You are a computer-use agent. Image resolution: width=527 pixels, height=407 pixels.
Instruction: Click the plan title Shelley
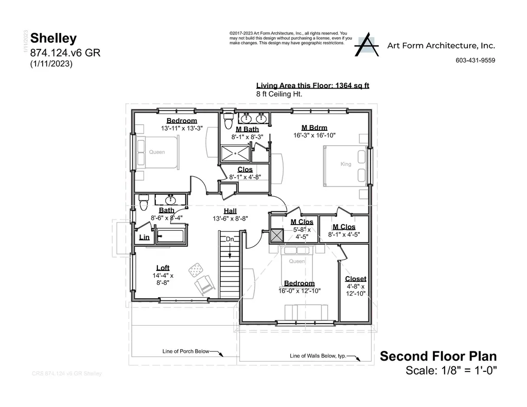tap(54, 38)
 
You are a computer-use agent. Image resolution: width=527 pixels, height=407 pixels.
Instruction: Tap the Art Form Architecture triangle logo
tap(367, 45)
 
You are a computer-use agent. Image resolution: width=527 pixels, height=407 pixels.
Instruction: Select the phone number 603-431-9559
tap(475, 60)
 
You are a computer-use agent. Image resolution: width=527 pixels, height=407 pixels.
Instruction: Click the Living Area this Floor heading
tap(312, 86)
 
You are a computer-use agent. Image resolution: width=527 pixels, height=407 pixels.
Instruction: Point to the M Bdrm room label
tap(314, 128)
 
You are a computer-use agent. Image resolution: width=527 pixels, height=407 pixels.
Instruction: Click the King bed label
tap(346, 164)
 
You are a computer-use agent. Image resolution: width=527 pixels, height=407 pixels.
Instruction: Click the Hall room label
tap(230, 211)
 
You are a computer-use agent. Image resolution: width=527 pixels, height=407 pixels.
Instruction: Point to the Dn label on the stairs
tap(230, 239)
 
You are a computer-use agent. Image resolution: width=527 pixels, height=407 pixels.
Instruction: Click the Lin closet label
tap(145, 238)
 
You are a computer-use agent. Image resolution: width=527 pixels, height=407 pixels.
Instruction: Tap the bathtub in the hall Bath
tap(172, 237)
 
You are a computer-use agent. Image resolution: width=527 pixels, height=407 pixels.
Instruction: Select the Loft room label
tap(163, 267)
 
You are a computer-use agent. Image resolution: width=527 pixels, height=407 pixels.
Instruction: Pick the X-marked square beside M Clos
tap(277, 235)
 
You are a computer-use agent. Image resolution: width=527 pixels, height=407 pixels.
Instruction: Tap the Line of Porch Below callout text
tap(186, 351)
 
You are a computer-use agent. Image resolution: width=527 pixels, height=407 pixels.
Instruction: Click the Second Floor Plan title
tap(438, 356)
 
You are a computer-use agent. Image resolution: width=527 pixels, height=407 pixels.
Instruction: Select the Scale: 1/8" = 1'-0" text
tap(451, 370)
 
